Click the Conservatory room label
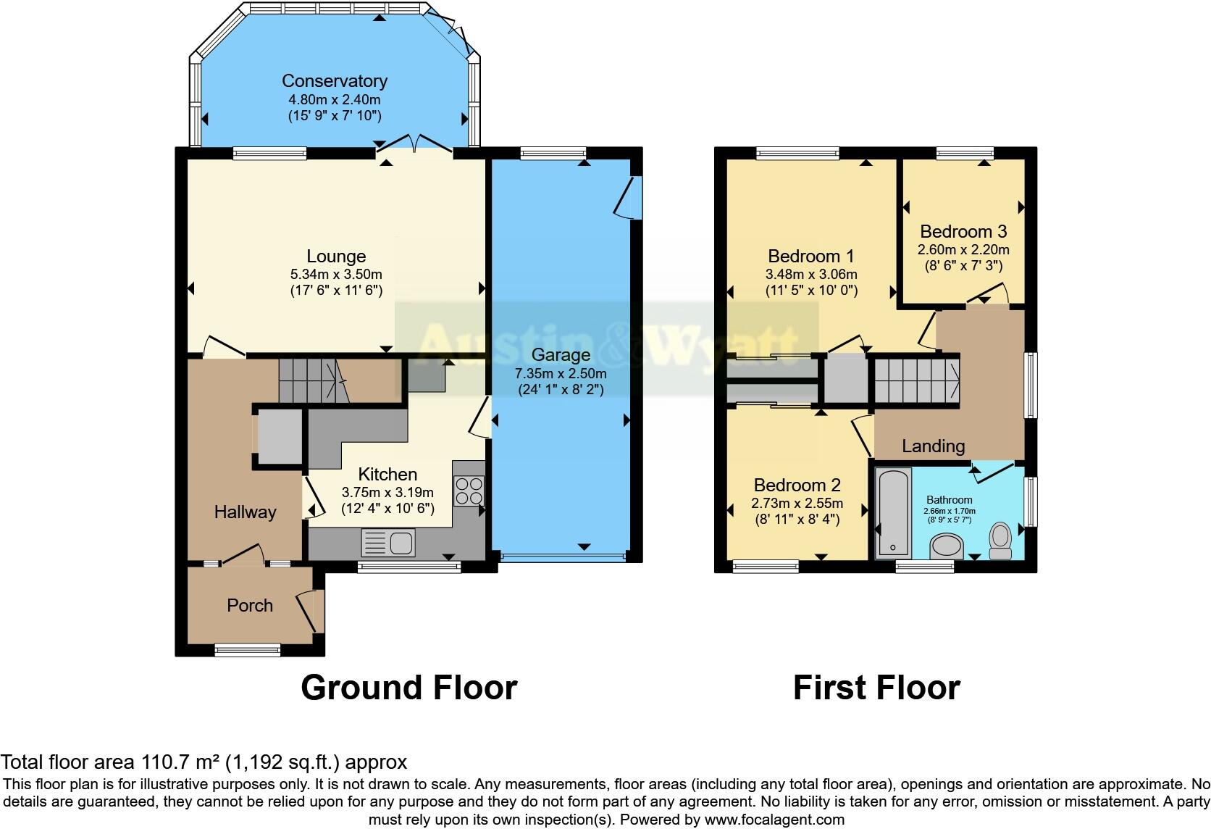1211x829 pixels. click(x=334, y=81)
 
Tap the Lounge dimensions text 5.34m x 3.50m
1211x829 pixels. click(x=335, y=275)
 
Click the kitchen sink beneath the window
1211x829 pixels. click(x=388, y=542)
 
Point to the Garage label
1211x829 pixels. click(x=561, y=355)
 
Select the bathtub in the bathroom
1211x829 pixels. click(x=893, y=512)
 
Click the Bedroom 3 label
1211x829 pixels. click(x=963, y=232)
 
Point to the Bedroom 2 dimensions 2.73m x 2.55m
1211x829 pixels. click(x=797, y=504)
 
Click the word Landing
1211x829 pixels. click(x=933, y=446)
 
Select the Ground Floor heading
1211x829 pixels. click(x=408, y=688)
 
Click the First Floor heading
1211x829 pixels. click(x=876, y=688)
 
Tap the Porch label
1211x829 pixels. click(x=250, y=606)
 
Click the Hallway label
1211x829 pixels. click(x=245, y=512)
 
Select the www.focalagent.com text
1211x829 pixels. click(x=774, y=820)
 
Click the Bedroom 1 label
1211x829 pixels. click(x=811, y=257)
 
